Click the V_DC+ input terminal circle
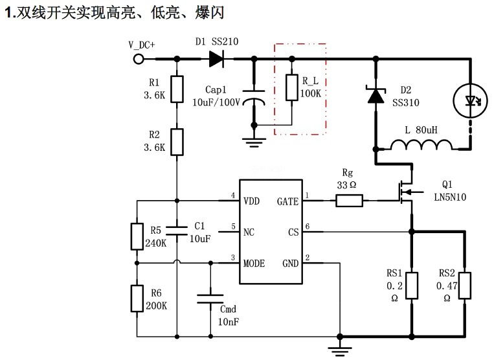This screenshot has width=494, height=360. coord(139,59)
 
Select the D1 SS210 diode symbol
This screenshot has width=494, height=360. coord(216,59)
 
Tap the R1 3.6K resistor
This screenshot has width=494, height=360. coord(177,87)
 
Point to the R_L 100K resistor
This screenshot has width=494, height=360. coord(293,88)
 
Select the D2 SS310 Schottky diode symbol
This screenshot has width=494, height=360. coord(375,96)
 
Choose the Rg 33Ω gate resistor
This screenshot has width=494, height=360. coord(349,201)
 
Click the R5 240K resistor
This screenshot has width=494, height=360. coord(137,236)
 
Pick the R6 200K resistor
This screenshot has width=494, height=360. coord(137,297)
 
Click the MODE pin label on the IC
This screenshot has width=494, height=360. coord(254,264)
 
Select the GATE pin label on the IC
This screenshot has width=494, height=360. coord(287,201)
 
